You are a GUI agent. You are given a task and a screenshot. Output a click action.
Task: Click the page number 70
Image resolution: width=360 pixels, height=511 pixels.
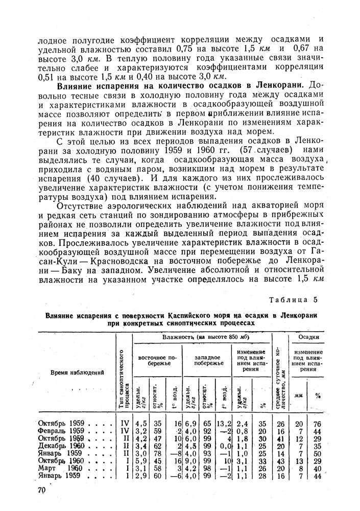click(41, 491)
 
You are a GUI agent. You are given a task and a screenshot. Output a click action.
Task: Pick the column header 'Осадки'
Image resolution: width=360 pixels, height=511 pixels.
click(309, 337)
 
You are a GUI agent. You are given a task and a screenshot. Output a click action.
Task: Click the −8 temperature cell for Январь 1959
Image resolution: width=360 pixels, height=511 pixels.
click(175, 454)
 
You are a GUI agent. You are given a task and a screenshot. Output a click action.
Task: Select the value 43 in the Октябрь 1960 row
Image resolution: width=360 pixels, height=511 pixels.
click(280, 461)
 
